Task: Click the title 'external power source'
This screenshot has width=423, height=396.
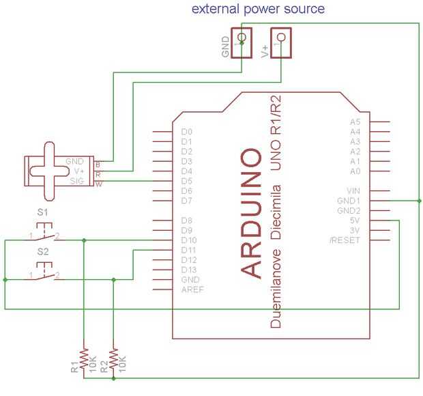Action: [x=257, y=9]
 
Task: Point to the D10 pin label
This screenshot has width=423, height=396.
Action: [x=190, y=240]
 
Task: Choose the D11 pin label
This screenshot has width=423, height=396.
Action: [x=190, y=251]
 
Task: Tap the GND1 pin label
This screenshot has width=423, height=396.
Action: [x=349, y=201]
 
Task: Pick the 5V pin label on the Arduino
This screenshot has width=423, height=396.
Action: [x=354, y=221]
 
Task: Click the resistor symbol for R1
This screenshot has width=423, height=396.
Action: [x=83, y=358]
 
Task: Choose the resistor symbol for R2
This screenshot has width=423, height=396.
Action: [x=113, y=358]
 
